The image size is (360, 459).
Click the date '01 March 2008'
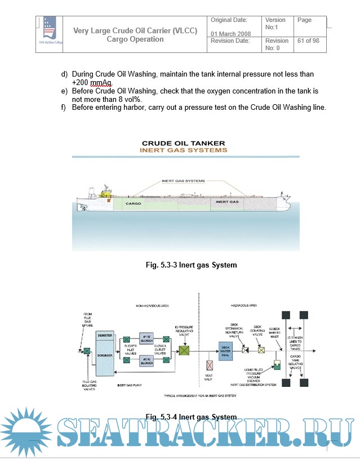pos(230,34)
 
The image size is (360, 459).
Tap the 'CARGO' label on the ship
pos(134,203)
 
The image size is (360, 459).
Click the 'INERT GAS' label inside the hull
pos(227,201)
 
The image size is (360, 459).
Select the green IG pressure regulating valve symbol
pos(184,350)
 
